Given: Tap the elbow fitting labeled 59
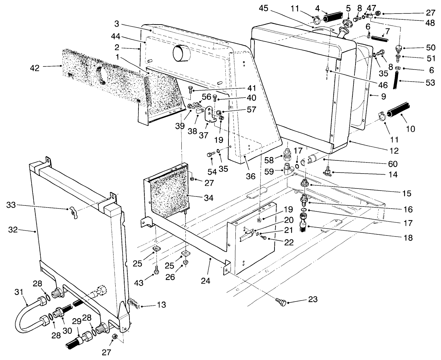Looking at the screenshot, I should click(287, 169).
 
